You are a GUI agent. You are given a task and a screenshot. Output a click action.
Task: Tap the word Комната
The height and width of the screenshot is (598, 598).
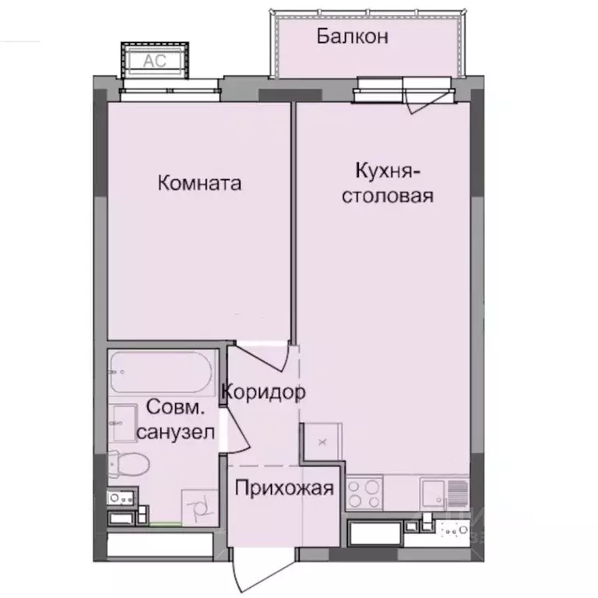click(199, 184)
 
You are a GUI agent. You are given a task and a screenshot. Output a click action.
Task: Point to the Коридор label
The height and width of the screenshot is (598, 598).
click(263, 392)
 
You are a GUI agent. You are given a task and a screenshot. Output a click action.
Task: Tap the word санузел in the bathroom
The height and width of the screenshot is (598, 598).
click(175, 433)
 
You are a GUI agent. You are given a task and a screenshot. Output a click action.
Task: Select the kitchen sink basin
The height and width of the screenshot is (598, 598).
click(433, 493)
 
